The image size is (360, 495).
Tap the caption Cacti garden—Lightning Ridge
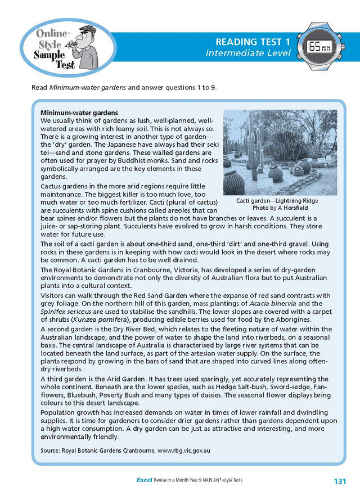[x=277, y=201]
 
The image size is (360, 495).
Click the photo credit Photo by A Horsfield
[x=277, y=208]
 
